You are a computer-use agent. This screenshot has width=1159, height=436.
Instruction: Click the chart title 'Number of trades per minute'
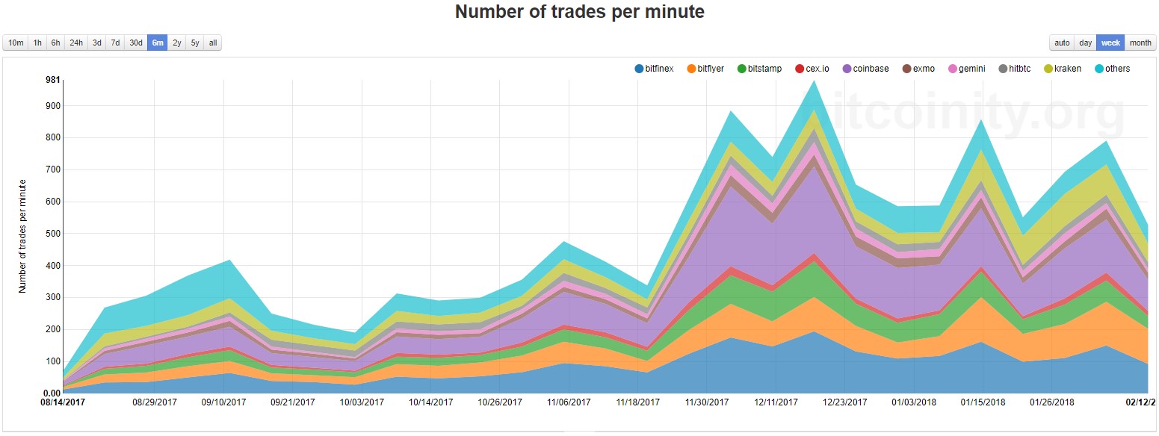point(579,12)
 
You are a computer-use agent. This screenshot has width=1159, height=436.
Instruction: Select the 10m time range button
point(16,43)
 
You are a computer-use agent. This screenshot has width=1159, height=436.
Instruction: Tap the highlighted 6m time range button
point(158,43)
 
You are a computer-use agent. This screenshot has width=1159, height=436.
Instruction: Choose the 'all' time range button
point(213,43)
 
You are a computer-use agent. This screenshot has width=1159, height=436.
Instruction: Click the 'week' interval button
point(1110,43)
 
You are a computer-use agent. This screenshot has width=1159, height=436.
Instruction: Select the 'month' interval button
point(1140,43)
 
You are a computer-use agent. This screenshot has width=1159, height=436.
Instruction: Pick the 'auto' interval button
point(1062,43)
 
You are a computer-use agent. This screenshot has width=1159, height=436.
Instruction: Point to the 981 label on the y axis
point(52,80)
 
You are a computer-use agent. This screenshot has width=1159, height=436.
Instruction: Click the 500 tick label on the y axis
point(52,234)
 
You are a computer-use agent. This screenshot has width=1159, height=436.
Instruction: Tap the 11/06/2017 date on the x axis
point(569,402)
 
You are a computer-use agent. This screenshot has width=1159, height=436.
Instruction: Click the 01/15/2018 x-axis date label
point(983,402)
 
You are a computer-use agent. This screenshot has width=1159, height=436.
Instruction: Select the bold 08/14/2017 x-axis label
point(64,402)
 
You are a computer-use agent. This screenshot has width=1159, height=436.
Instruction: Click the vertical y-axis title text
point(23,235)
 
